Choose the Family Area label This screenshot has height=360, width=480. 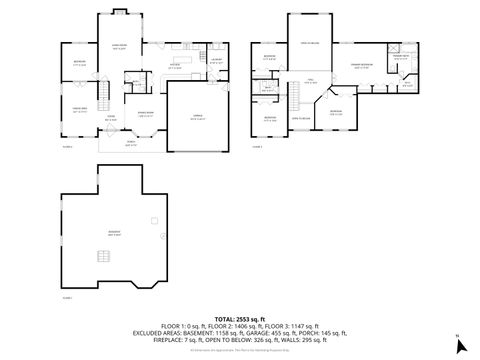pyautogui.click(x=78, y=108)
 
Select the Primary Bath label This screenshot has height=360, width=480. pyautogui.click(x=399, y=58)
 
